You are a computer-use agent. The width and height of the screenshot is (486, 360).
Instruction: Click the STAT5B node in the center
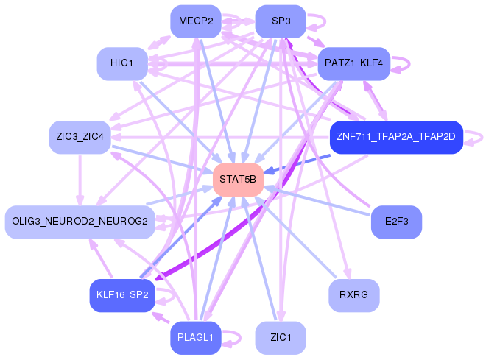click(238, 180)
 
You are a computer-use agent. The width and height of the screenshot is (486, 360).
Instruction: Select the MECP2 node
click(196, 21)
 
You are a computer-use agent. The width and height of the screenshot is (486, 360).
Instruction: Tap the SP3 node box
click(281, 21)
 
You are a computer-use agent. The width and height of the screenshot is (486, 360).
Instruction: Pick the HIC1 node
click(122, 63)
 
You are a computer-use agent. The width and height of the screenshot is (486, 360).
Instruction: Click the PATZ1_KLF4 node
click(354, 63)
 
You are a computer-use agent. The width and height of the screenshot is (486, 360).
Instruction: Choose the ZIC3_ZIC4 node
click(80, 137)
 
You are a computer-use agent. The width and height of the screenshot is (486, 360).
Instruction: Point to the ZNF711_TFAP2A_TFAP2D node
click(396, 137)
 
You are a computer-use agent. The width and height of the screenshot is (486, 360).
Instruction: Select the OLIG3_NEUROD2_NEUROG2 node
click(80, 222)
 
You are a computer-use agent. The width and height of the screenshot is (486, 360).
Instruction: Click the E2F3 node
click(396, 222)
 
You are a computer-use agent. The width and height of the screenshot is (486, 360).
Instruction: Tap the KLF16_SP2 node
click(122, 295)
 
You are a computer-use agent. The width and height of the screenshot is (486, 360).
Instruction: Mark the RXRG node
click(354, 295)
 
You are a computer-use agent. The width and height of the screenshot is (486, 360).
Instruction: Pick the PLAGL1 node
click(196, 338)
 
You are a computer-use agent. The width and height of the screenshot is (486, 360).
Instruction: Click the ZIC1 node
click(281, 338)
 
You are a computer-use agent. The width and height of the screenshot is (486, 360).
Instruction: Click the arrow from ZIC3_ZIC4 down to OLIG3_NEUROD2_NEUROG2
click(80, 180)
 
